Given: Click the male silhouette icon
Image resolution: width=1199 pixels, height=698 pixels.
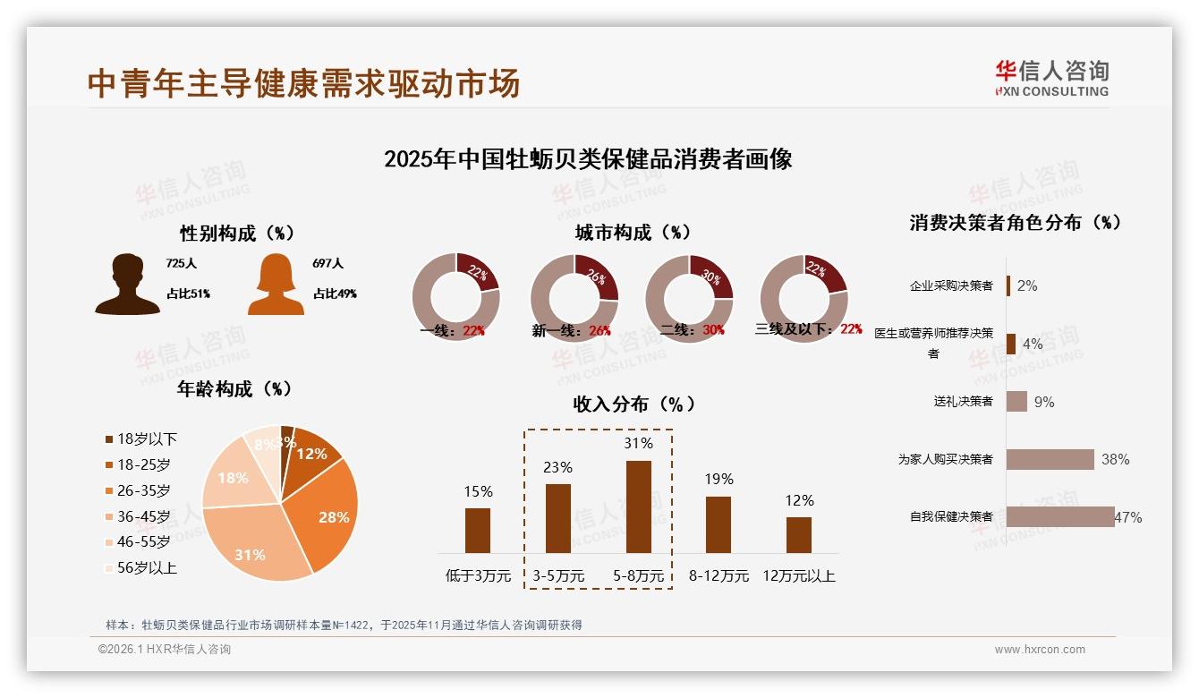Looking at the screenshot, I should (x=128, y=285).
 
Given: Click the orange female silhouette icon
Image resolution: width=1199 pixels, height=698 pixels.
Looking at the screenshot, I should (x=276, y=285).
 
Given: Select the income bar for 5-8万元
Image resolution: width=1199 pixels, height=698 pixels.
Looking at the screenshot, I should (x=638, y=506).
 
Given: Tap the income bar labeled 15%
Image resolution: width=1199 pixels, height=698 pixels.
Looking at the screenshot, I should (x=478, y=530).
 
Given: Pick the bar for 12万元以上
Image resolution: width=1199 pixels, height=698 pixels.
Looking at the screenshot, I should (x=798, y=534).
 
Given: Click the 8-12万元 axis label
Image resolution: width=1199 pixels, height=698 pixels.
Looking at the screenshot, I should (x=719, y=575).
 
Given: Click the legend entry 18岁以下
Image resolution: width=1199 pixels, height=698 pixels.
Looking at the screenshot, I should (x=141, y=438).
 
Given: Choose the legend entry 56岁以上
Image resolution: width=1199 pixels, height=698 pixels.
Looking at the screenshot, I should (x=141, y=567).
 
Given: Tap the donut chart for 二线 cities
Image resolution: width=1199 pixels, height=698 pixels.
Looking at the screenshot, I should (x=689, y=297).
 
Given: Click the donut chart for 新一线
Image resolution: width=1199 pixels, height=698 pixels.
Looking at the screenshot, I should (x=574, y=297).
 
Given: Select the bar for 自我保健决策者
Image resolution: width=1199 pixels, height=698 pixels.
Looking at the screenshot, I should (x=1060, y=516).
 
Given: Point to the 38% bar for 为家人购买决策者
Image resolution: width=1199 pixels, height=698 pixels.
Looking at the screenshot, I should (x=1050, y=459).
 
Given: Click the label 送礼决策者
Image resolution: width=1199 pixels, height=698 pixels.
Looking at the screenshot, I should (x=963, y=401).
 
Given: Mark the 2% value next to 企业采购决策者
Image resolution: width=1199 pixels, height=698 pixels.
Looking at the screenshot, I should (x=1027, y=285).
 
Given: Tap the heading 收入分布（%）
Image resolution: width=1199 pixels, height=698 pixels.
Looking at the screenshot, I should (x=634, y=404).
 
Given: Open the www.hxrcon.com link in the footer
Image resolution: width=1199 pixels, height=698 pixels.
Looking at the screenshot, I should (x=1040, y=650).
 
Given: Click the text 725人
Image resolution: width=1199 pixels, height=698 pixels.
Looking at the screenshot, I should (x=181, y=263).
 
